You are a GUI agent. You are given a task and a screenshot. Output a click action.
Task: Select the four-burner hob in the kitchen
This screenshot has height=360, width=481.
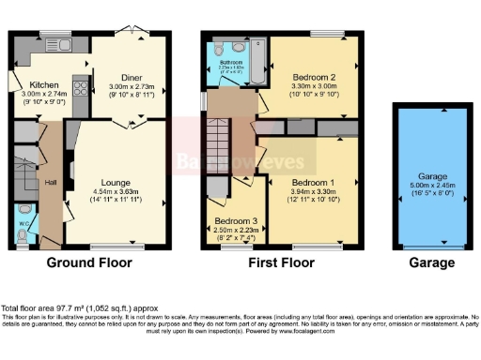coord(78,91)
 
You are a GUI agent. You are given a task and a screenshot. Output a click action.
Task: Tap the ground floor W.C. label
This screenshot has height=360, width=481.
coord(24,224)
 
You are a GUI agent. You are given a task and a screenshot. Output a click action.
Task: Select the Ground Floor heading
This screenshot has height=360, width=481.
coord(89,264)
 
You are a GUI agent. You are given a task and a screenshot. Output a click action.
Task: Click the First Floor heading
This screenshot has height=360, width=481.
coord(280,264)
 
